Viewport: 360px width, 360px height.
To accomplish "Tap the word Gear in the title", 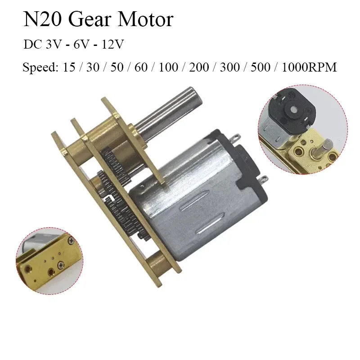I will pos(90,20).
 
